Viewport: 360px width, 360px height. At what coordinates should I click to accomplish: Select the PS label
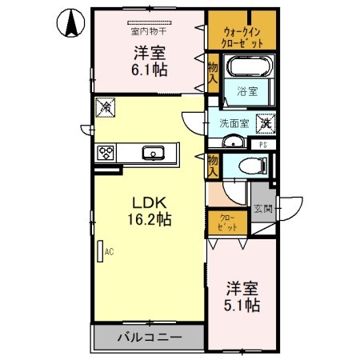pyautogui.click(x=262, y=144)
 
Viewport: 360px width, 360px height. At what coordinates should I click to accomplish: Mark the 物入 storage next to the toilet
pyautogui.click(x=213, y=166)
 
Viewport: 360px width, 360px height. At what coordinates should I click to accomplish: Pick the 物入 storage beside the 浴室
pyautogui.click(x=213, y=74)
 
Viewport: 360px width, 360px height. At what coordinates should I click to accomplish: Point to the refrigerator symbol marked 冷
pyautogui.click(x=105, y=106)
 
